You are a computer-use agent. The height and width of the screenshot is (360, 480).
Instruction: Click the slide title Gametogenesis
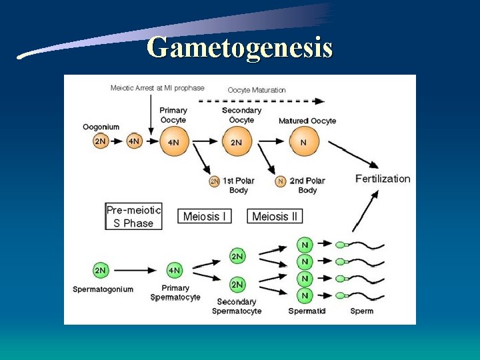tap(239, 48)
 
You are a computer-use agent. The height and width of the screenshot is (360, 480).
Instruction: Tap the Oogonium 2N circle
tap(101, 141)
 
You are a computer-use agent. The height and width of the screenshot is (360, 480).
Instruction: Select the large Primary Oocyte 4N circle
tap(173, 141)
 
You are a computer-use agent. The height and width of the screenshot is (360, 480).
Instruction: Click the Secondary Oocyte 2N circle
tap(237, 141)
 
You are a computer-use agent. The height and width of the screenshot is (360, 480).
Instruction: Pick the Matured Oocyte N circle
tap(304, 141)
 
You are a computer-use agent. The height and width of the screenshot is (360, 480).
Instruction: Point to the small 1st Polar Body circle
tap(214, 181)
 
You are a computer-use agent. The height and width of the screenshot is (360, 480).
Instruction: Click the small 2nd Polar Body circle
tap(281, 181)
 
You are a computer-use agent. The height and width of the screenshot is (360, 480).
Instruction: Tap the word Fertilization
tap(383, 179)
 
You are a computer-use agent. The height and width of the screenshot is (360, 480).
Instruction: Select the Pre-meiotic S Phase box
tap(133, 217)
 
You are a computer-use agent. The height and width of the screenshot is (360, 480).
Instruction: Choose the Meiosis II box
tap(275, 217)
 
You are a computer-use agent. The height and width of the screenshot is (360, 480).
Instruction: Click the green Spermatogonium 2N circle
tap(101, 270)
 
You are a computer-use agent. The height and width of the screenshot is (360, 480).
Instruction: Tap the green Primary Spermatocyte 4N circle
tap(174, 270)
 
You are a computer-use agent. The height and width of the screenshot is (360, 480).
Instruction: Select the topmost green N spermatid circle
tap(305, 245)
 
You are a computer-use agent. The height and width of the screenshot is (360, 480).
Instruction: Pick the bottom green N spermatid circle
tap(305, 295)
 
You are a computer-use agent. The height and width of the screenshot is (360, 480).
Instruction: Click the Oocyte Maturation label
tap(257, 90)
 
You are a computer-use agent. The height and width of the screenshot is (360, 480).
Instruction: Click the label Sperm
tap(362, 311)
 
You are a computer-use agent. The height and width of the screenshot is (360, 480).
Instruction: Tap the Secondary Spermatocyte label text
tap(237, 306)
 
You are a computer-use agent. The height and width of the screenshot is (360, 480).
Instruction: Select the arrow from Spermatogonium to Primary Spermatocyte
tap(137, 270)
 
